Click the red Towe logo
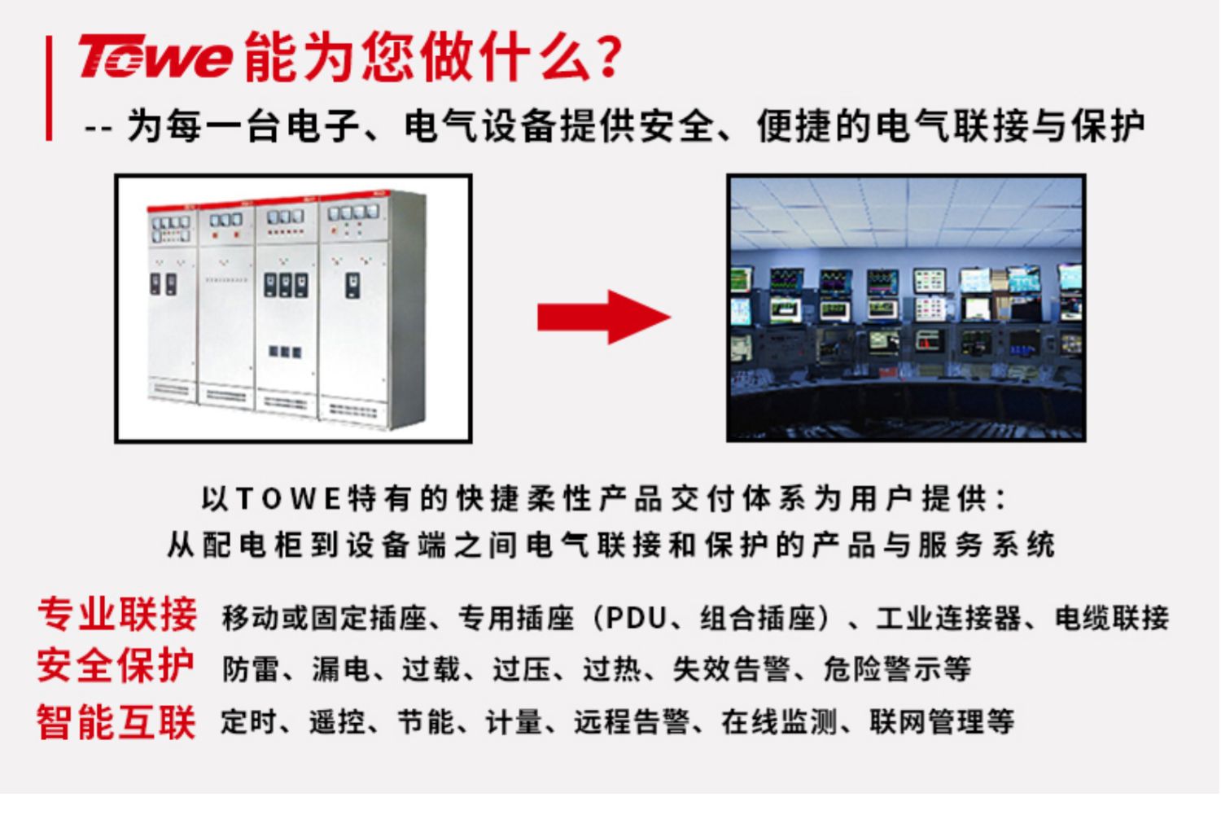156,55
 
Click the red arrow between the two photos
604,318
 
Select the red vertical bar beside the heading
49,88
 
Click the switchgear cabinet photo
293,309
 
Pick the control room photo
906,308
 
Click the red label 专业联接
117,615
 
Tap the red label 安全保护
116,666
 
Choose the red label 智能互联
116,722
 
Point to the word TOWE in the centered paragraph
290,498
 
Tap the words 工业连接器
948,618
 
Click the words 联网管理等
942,722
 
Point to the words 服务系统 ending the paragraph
987,545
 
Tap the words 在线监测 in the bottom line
780,722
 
